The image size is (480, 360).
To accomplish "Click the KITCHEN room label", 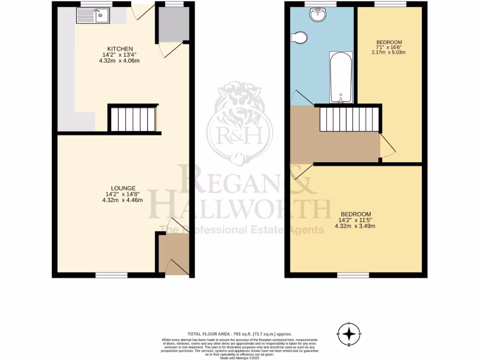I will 120,49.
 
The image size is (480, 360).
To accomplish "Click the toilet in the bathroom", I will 299,37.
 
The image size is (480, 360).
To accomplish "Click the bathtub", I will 341,77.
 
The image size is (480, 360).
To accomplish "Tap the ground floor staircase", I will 133,119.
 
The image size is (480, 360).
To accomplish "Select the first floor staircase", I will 348,119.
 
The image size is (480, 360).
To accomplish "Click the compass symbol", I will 349,334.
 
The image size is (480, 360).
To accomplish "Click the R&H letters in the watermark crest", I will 240,135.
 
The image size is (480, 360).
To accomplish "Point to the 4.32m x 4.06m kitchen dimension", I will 120,60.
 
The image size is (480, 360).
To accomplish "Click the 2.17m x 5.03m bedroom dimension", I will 389,52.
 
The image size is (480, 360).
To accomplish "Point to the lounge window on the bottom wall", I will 112,275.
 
